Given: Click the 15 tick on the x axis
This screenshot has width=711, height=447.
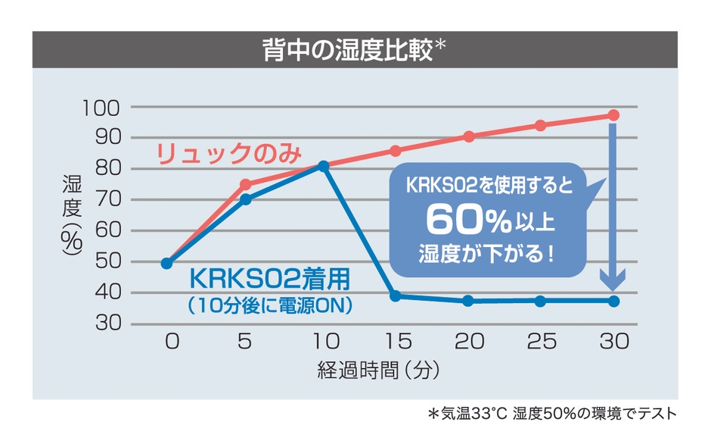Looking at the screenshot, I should [x=394, y=342].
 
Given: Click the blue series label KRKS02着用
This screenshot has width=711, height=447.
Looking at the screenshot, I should [x=270, y=280].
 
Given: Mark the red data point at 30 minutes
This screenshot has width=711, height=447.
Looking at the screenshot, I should [x=613, y=115].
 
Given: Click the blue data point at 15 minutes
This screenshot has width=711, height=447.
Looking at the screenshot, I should [x=395, y=295].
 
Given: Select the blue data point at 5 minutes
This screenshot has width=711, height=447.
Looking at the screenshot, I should [x=245, y=199].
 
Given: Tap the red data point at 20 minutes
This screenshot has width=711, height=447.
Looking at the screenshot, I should [x=468, y=136].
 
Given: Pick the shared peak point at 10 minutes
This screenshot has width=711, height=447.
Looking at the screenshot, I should [x=324, y=165].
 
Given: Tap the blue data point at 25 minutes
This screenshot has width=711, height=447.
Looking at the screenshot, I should [x=540, y=301].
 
